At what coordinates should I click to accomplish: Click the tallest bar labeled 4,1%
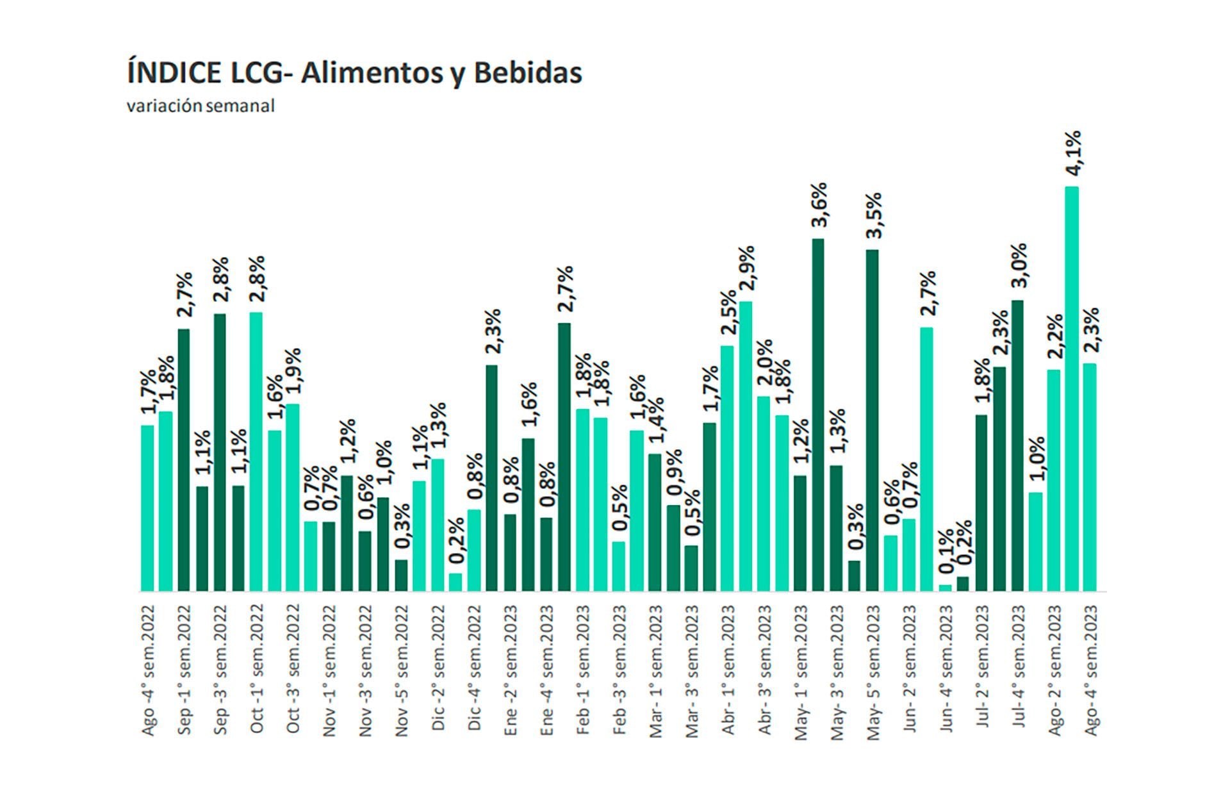1071,388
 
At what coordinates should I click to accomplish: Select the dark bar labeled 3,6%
818,415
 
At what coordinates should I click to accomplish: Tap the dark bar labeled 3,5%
872,420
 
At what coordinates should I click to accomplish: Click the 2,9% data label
747,269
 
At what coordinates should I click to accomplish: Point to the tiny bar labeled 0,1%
945,587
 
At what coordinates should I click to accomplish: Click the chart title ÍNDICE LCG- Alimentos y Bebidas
354,72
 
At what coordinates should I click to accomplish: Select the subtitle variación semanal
201,106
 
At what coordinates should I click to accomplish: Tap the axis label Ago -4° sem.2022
148,670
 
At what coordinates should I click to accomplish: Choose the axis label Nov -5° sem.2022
402,670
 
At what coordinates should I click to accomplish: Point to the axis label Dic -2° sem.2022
438,667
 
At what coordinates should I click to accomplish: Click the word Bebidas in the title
528,72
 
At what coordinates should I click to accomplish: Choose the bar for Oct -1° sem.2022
256,451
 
